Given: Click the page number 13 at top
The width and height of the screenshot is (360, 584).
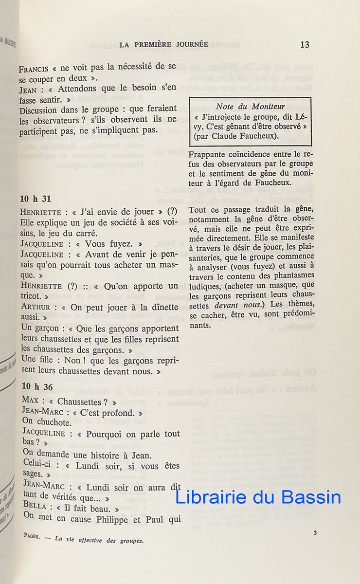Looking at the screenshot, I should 305,45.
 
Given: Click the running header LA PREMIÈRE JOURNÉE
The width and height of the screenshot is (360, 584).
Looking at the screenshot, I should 163,45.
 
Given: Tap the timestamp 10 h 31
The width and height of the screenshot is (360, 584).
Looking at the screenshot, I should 36,199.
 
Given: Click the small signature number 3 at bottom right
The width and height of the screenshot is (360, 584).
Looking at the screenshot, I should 315,533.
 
